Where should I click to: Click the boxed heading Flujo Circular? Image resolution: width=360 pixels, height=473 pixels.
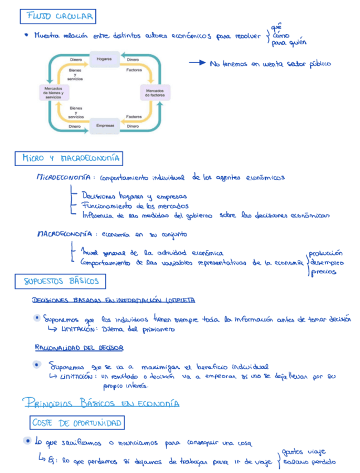point(57,17)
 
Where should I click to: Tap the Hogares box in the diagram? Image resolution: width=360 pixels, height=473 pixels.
point(104,59)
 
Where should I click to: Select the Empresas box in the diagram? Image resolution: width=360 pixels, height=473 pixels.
point(105,126)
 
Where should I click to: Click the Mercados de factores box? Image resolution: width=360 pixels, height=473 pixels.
point(155,93)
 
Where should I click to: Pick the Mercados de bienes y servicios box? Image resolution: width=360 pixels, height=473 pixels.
point(53,93)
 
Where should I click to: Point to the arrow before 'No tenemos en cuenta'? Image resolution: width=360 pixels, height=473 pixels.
point(197,63)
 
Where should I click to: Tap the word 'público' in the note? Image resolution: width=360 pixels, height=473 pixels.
point(318,64)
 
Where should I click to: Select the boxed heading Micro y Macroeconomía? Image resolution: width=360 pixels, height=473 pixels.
point(69,158)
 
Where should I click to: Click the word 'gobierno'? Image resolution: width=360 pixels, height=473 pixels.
point(199,215)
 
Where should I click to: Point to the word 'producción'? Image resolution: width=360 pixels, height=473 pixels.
point(326,253)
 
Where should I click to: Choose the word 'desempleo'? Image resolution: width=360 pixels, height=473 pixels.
point(327,263)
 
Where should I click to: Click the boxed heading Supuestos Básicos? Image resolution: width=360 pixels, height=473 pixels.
point(61,281)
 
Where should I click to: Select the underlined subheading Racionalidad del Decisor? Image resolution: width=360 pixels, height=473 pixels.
point(79,347)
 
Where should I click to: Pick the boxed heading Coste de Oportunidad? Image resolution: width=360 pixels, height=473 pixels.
point(77,423)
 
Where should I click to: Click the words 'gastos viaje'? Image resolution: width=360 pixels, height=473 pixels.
point(304,451)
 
